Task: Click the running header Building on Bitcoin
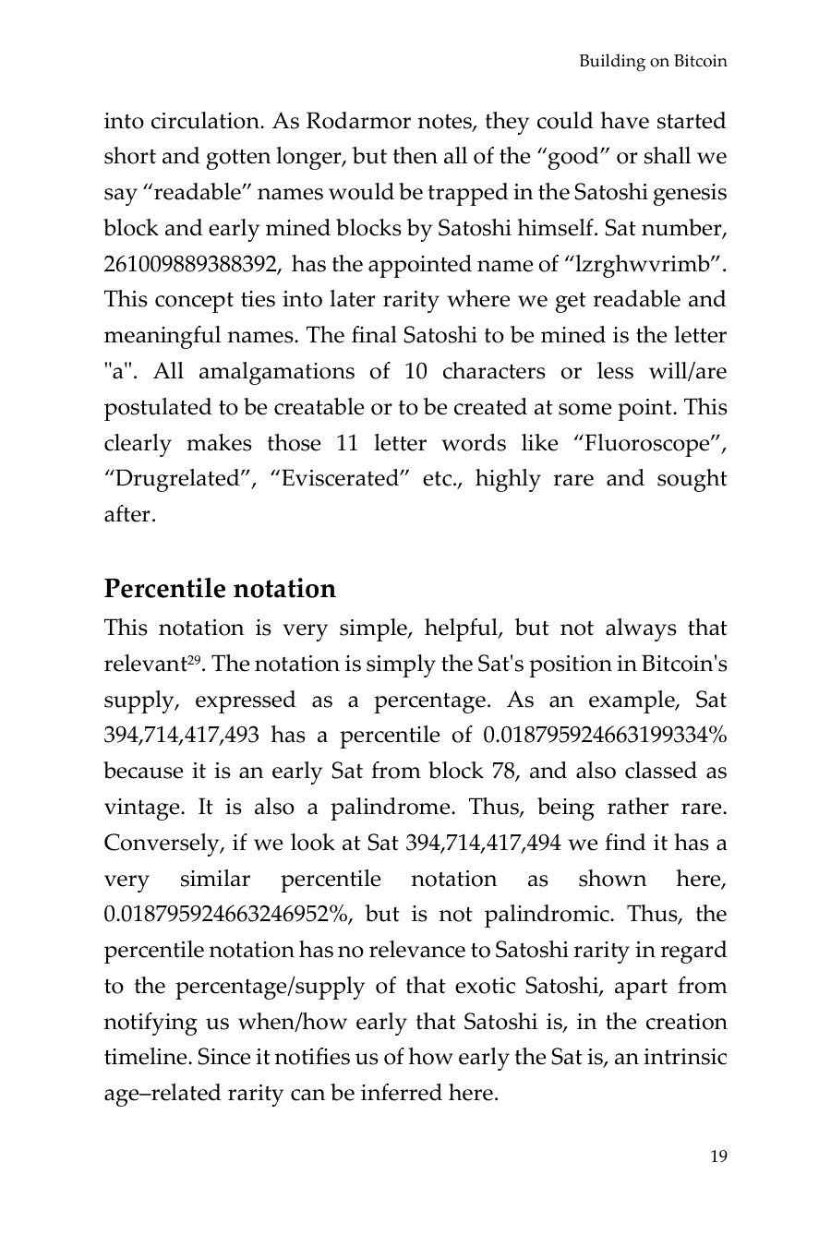coord(653,62)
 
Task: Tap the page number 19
coord(718,1156)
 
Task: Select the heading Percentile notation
coord(220,589)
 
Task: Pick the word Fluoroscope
coord(645,443)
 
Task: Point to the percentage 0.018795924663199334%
coord(605,736)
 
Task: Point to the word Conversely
coord(161,844)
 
